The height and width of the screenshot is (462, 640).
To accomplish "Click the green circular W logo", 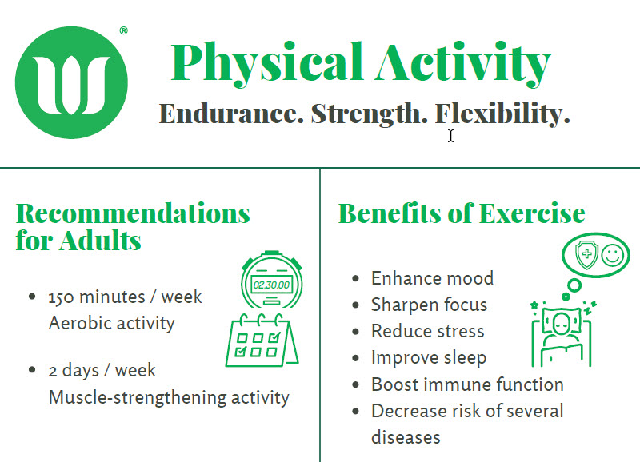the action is pos(71,82).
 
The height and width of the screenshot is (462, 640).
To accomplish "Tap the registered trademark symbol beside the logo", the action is pos(124,30).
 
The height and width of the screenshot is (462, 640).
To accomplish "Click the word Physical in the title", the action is pos(267,64).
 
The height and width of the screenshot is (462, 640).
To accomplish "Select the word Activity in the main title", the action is pos(463,64).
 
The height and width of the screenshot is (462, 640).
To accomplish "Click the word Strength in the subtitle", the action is pos(370,114).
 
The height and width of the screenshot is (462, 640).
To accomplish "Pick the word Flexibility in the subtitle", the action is pos(502,114).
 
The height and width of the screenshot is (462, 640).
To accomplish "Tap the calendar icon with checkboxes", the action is pos(262,340).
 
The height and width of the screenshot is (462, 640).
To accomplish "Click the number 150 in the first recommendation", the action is pos(62,297).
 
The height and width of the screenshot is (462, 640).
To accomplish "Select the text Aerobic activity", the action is pos(111,324).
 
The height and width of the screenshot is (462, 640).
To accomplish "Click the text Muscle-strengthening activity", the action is pos(169,397).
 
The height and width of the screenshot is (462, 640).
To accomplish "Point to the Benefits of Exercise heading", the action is pos(462,213).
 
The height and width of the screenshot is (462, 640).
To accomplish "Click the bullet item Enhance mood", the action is pos(432,278).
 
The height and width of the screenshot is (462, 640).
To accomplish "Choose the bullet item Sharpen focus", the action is pos(429,305).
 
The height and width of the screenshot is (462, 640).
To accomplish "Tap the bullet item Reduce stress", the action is pos(428,331).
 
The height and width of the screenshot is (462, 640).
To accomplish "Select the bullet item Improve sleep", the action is pos(429,358).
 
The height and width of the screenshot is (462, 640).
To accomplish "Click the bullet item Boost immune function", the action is pos(467,384).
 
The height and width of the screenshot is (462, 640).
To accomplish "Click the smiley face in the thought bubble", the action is pos(612,255).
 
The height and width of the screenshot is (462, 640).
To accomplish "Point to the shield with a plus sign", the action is pos(586,254).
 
